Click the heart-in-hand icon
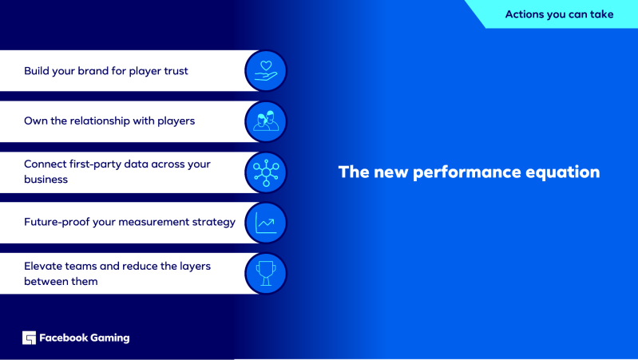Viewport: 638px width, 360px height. coord(266,70)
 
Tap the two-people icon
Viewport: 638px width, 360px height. coord(266,121)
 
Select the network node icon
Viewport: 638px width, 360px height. coord(266,172)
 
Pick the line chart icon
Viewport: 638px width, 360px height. coord(266,223)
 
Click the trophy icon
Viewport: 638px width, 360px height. coord(266,273)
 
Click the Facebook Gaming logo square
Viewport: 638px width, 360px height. coord(29,338)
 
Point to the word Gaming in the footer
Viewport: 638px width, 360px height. coord(110,338)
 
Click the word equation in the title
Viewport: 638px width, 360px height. coord(563,172)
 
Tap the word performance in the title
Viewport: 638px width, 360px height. coord(466,172)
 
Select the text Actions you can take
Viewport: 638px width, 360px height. coord(559,14)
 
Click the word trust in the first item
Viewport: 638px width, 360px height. coord(176,71)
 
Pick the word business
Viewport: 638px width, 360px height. coord(46,180)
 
